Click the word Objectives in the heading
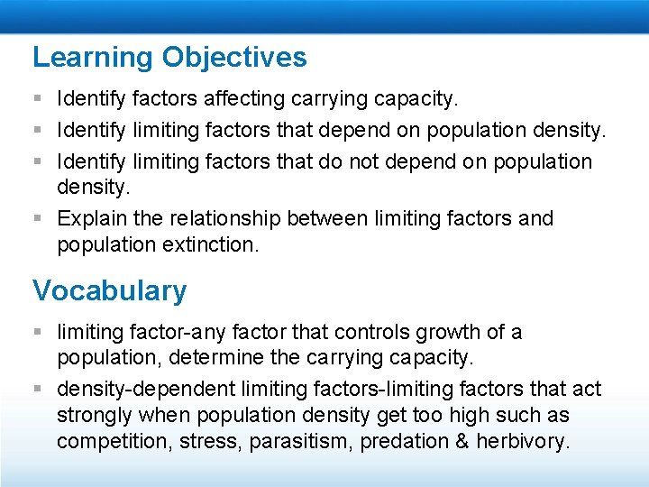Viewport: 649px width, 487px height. coord(234,58)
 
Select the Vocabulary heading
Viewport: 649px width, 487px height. coord(110,290)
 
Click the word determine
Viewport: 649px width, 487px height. coord(220,358)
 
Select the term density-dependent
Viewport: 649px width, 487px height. coord(145,390)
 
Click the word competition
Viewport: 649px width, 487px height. coord(107,442)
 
